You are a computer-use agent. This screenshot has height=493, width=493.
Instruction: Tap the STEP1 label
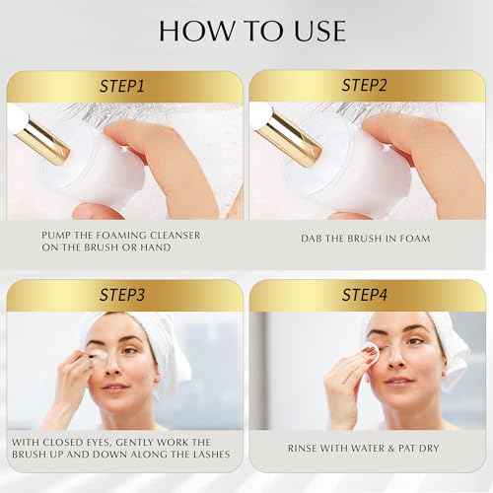pyautogui.click(x=123, y=86)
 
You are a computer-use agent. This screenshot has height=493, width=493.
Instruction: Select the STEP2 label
pyautogui.click(x=368, y=86)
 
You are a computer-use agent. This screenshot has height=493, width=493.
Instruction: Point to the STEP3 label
pyautogui.click(x=123, y=295)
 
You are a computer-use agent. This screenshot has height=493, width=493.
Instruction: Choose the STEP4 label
pyautogui.click(x=368, y=295)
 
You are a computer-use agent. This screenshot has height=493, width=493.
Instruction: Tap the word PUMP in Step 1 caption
pyautogui.click(x=57, y=234)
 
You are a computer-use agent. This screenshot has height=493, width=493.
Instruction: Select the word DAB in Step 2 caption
pyautogui.click(x=314, y=238)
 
